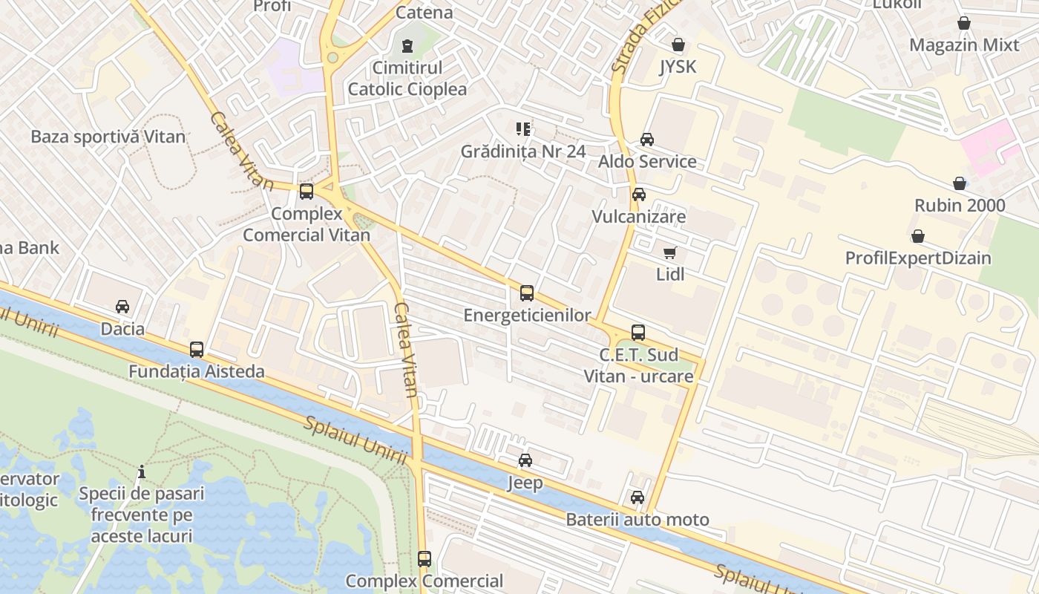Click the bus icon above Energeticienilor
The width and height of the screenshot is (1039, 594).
pyautogui.click(x=526, y=293)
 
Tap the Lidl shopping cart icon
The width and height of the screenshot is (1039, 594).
pyautogui.click(x=670, y=253)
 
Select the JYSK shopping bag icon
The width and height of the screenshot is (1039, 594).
pyautogui.click(x=678, y=45)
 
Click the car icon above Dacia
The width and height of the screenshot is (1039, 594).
pyautogui.click(x=122, y=307)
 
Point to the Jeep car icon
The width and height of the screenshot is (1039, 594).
pyautogui.click(x=525, y=460)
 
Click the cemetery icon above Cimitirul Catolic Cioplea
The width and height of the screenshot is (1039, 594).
pyautogui.click(x=407, y=46)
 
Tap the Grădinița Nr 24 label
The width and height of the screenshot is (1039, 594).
pyautogui.click(x=523, y=151)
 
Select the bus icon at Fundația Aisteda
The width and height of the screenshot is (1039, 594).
pyautogui.click(x=197, y=350)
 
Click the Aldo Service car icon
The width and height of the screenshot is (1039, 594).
pyautogui.click(x=647, y=140)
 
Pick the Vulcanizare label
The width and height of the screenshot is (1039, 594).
pyautogui.click(x=638, y=217)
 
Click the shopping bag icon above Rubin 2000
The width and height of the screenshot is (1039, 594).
pyautogui.click(x=960, y=183)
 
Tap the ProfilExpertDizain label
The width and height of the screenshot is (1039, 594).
pyautogui.click(x=918, y=258)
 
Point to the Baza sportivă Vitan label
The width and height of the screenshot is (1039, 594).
pyautogui.click(x=108, y=137)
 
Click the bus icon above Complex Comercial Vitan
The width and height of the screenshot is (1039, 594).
pyautogui.click(x=307, y=192)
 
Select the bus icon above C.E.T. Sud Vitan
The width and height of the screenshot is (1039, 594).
pyautogui.click(x=638, y=333)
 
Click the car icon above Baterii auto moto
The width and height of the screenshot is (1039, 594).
pyautogui.click(x=638, y=497)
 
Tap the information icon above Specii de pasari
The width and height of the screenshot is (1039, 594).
pyautogui.click(x=142, y=471)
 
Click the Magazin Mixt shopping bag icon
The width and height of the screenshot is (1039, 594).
pyautogui.click(x=964, y=24)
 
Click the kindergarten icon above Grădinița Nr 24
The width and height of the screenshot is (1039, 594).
pyautogui.click(x=523, y=130)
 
